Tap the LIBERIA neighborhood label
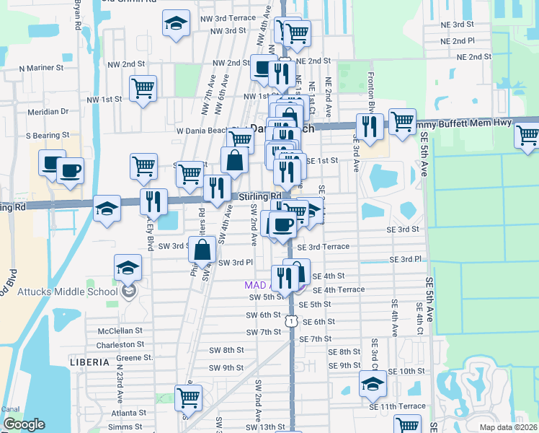[89, 360]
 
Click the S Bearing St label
[48, 135]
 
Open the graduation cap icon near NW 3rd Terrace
[176, 24]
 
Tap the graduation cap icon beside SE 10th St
[373, 383]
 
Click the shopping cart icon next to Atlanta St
[188, 397]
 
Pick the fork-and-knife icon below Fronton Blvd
[370, 126]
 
